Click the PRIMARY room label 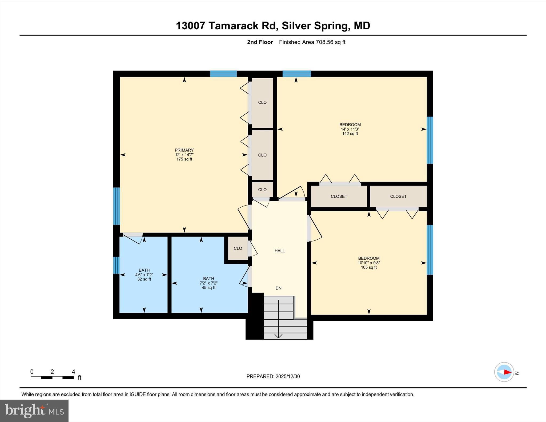184,150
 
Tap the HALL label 280,251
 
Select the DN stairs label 278,288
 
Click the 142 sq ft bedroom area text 350,134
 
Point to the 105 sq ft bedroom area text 369,267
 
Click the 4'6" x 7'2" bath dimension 144,275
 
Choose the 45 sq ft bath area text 208,288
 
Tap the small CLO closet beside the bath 238,248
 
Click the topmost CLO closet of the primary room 262,102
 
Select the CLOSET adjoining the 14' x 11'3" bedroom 339,196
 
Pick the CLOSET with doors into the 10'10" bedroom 398,196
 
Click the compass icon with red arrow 504,372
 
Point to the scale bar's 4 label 73,372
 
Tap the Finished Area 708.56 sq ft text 312,42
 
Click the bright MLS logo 34,411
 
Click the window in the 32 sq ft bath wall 116,265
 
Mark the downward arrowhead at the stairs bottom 278,336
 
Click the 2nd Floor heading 260,42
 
